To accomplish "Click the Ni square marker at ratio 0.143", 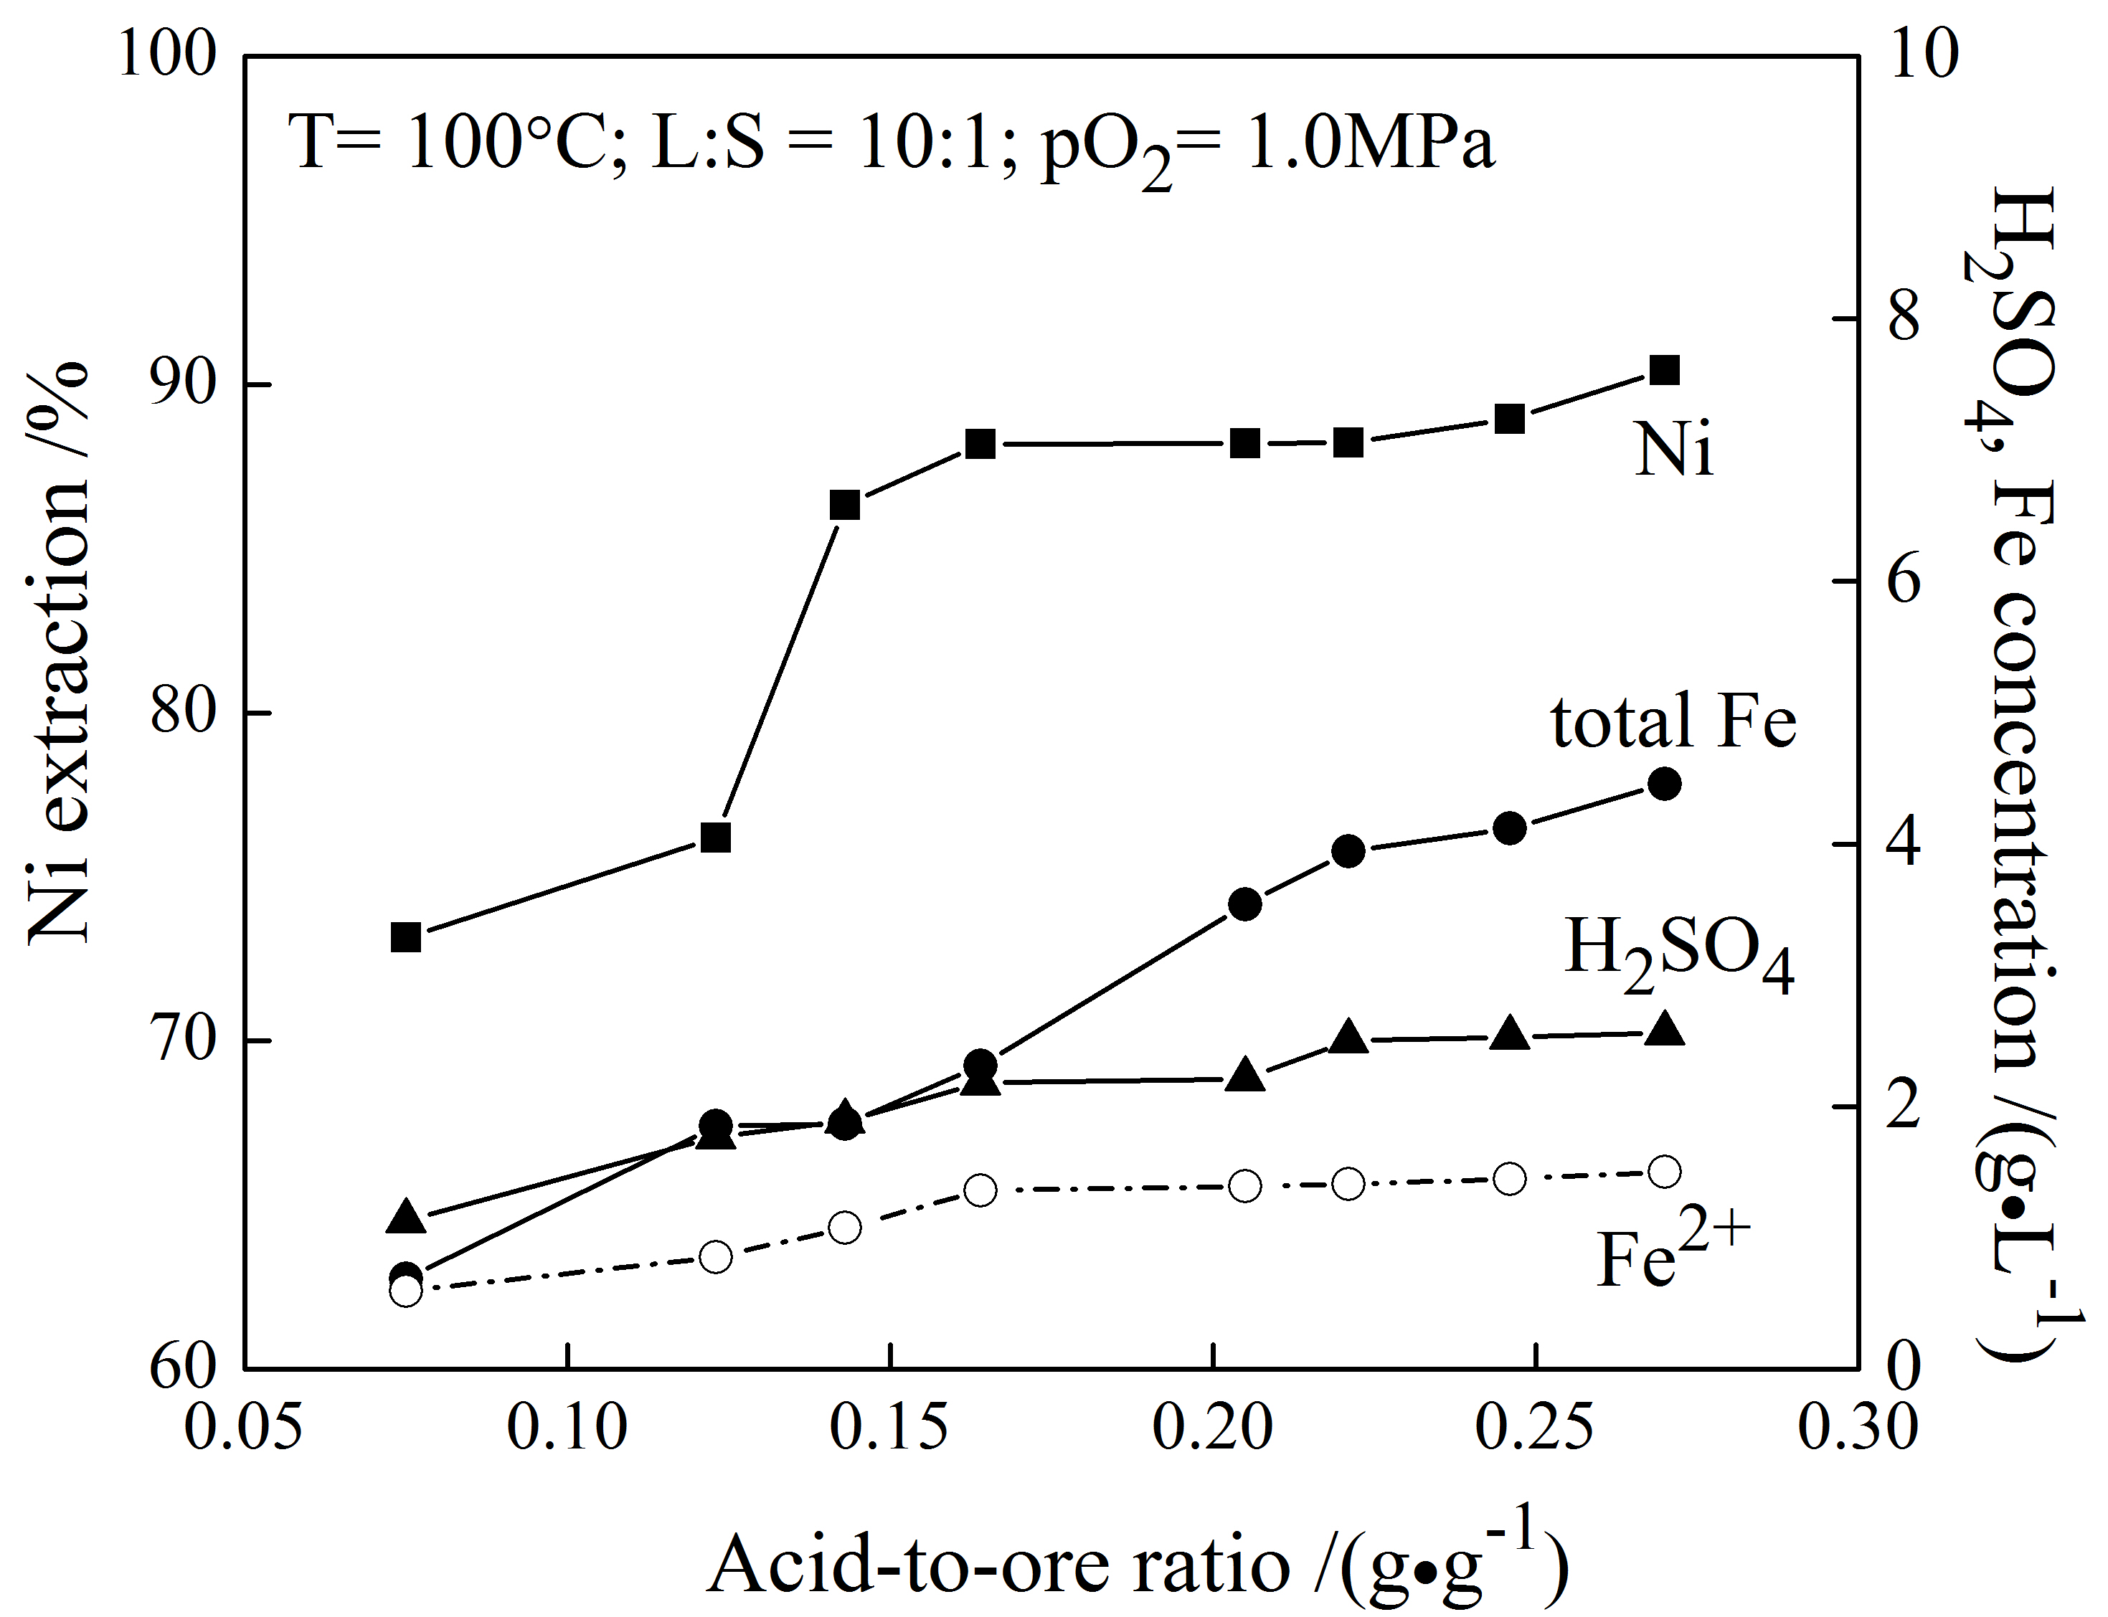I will click(x=844, y=506).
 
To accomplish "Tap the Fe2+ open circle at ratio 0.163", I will click(x=980, y=1190).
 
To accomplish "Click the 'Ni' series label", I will click(x=1674, y=450).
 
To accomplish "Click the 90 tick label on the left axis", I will click(x=183, y=385).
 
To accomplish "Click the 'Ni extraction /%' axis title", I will click(x=60, y=655).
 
